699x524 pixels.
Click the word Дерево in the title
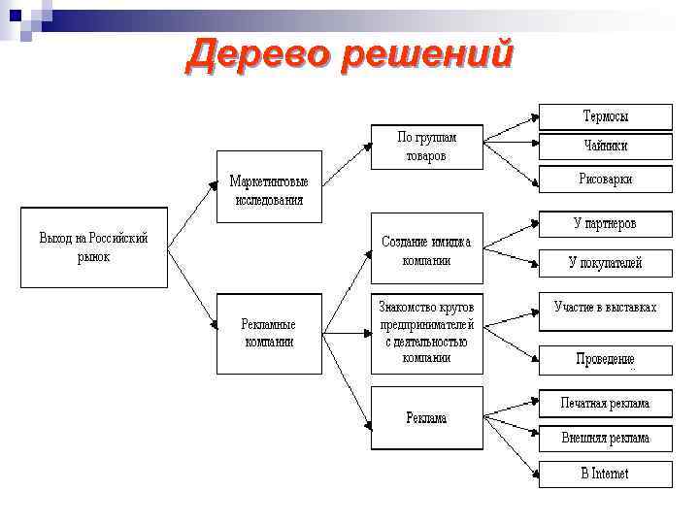pos(254,55)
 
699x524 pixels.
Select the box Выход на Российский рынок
pos(93,247)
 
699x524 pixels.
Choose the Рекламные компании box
pos(268,333)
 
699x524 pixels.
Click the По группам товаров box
pos(426,147)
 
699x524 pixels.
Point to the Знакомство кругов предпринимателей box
pos(426,332)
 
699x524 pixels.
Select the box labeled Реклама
pos(426,417)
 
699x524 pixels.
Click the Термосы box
pos(606,117)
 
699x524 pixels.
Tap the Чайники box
pos(606,147)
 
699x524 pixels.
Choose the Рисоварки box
pos(606,179)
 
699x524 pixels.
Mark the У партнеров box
pos(606,224)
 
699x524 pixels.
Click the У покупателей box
pos(606,262)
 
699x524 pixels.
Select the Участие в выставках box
pos(606,309)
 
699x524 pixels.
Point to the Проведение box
pos(606,359)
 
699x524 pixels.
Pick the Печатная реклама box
pos(606,404)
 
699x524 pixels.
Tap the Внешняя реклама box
pos(606,438)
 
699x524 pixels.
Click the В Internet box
pos(606,474)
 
